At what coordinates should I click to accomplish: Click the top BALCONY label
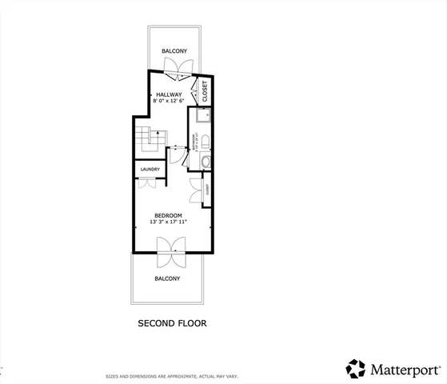pos(174,51)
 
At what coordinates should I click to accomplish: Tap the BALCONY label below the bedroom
pos(167,278)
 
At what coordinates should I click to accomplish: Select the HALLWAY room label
pos(170,94)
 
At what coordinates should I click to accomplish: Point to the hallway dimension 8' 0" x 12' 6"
pos(170,102)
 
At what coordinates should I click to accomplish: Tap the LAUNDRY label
pos(150,170)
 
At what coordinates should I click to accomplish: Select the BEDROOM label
pos(168,215)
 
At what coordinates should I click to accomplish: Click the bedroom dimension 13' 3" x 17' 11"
pos(168,222)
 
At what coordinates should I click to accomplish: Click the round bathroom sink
pos(206,162)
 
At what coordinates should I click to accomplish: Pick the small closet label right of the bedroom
pos(207,190)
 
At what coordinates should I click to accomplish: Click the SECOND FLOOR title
pos(173,324)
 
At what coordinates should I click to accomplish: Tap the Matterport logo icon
pos(356,368)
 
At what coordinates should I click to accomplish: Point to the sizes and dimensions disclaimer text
pos(173,376)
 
